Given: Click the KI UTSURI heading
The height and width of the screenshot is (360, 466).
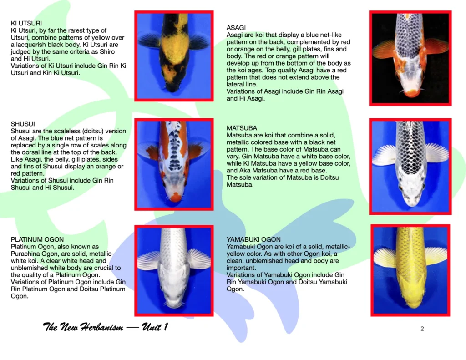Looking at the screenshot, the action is [26, 23].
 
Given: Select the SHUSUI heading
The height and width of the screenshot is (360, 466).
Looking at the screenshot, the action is [23, 124].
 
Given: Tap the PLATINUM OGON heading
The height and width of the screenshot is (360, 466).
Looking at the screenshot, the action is [37, 239].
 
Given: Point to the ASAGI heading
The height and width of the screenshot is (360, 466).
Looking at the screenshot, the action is [236, 28].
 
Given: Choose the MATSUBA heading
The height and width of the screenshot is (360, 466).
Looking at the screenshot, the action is [242, 128].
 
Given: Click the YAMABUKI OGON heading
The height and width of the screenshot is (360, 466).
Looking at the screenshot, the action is [253, 239].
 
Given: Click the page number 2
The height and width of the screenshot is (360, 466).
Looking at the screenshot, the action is [422, 329].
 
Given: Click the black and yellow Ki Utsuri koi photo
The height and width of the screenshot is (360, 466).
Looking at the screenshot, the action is [174, 56].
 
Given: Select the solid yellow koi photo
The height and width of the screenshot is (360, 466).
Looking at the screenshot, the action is [410, 270].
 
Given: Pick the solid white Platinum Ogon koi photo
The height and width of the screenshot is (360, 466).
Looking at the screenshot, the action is [174, 270].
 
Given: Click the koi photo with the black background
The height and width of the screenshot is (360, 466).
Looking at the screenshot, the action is [410, 58].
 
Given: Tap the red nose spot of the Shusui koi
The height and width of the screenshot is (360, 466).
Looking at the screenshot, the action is [176, 197].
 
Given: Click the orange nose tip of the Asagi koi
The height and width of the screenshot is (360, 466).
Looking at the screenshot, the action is [411, 93].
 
